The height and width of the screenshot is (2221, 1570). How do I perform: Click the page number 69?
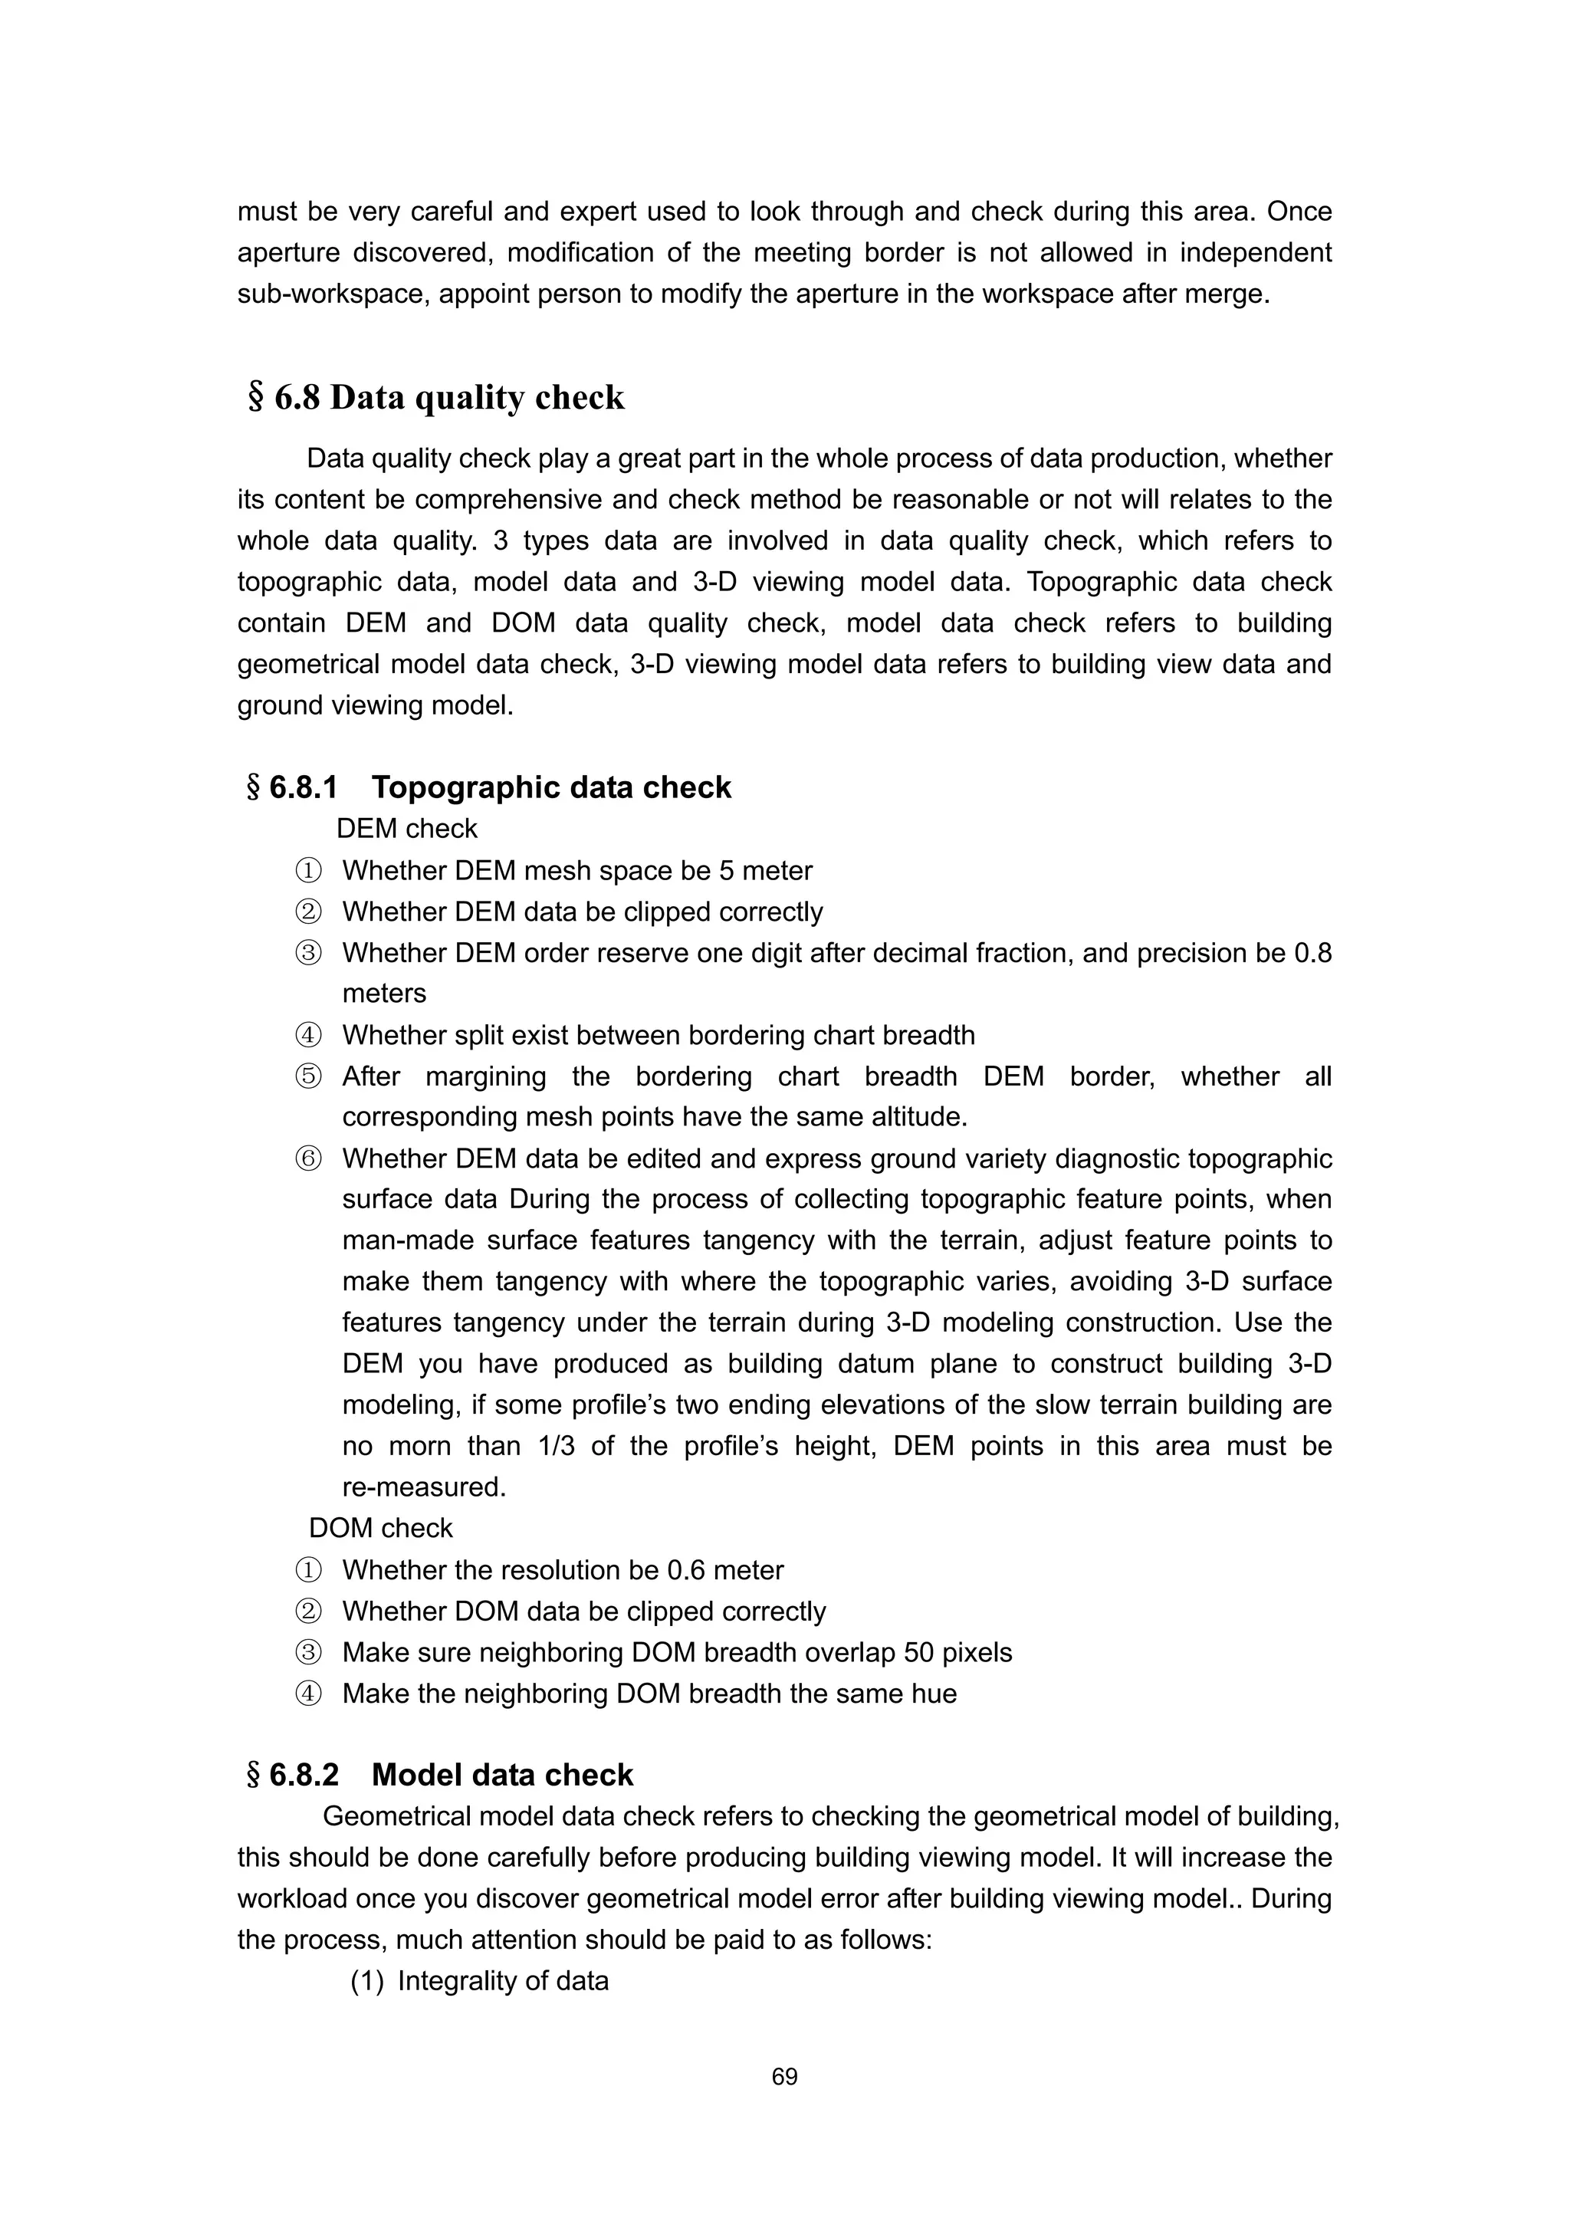tap(784, 2076)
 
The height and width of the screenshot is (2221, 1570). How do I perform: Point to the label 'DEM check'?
tap(406, 829)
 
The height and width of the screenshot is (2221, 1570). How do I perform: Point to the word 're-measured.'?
tap(424, 1487)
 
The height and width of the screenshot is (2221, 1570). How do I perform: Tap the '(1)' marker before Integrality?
tap(368, 1981)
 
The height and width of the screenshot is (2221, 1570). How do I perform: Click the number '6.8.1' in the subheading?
tap(303, 787)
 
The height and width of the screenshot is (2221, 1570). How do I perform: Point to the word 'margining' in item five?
tap(485, 1076)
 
